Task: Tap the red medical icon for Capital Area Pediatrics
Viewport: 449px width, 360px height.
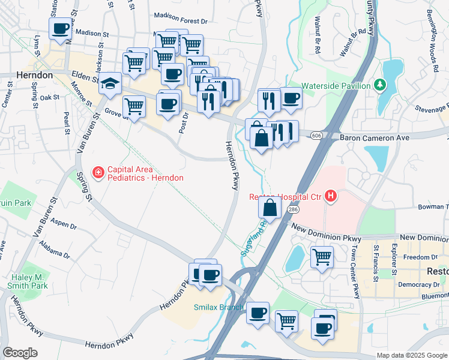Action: pos(97,173)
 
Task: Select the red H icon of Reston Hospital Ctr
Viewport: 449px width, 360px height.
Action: pos(330,196)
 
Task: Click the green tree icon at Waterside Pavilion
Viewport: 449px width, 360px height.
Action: pos(379,86)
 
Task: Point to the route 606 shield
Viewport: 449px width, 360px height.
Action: pos(316,137)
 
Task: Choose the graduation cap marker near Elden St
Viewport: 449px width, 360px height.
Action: pos(110,83)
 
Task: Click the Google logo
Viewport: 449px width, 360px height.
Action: pos(20,352)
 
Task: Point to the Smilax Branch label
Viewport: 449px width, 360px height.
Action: pos(217,307)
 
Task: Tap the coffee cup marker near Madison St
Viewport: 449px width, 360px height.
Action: pos(61,28)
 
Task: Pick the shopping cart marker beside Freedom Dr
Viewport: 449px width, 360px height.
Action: pos(322,257)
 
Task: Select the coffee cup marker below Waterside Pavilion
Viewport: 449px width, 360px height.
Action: pos(291,98)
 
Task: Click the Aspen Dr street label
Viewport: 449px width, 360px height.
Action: pos(64,224)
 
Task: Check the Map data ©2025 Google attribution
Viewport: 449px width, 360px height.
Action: pos(411,355)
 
